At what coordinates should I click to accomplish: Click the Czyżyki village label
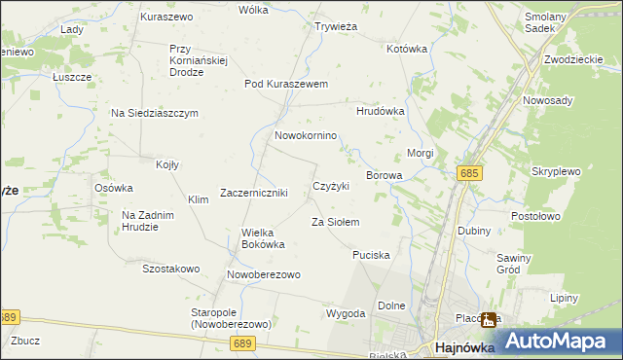coord(330,186)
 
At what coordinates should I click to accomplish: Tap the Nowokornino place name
coord(306,136)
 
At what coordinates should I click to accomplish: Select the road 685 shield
coord(469,173)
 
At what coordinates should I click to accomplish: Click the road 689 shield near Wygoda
coord(242,343)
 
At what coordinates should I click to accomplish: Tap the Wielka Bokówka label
coord(263,238)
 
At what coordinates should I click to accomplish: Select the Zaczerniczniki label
coord(253,193)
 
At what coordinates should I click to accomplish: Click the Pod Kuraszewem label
coord(286,85)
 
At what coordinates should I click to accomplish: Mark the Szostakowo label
coord(170,269)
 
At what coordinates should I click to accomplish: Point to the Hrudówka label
coord(380,111)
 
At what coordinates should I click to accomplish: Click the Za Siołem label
coord(335,223)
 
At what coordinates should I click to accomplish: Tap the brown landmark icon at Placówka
coord(489,319)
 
